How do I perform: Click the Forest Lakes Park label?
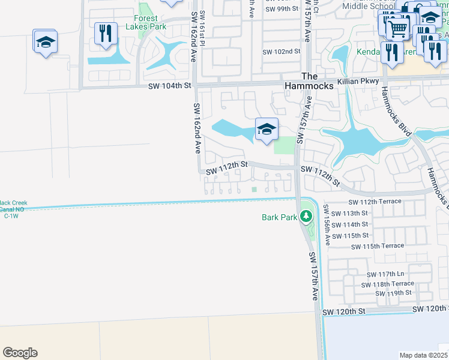(146, 22)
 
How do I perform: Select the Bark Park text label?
(279, 217)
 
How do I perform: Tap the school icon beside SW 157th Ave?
(267, 129)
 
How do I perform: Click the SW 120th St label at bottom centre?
(343, 312)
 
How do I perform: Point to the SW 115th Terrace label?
(378, 247)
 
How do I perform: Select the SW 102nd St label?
(281, 52)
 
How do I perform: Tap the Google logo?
(20, 353)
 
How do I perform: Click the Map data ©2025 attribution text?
(424, 355)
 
